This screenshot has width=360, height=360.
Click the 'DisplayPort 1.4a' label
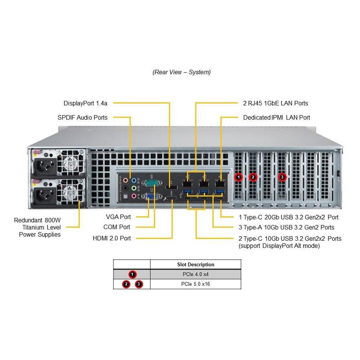(x=85, y=103)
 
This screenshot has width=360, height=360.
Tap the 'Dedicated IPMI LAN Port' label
(x=276, y=117)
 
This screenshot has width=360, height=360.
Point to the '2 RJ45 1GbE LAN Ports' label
(x=275, y=103)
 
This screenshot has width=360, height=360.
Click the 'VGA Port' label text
(x=119, y=216)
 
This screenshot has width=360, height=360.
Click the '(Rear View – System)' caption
(x=181, y=72)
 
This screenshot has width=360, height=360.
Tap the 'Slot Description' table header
(x=196, y=265)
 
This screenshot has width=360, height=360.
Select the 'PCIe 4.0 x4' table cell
(x=196, y=274)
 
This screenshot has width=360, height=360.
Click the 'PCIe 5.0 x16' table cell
(x=196, y=284)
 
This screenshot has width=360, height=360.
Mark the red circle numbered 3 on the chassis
(x=282, y=177)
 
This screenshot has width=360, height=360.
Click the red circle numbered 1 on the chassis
(x=238, y=177)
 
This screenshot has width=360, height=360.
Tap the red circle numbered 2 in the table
(x=126, y=284)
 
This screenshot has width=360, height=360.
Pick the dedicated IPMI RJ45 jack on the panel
(x=220, y=184)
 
